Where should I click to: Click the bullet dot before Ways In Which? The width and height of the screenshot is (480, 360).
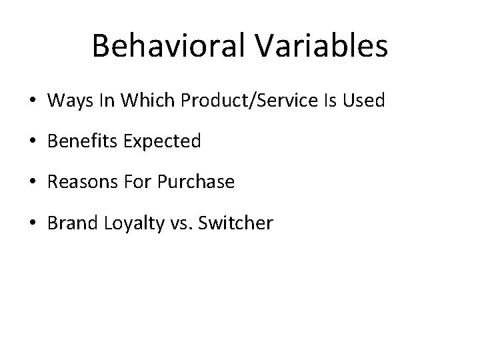[33, 102]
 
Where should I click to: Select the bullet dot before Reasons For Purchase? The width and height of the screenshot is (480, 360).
[33, 183]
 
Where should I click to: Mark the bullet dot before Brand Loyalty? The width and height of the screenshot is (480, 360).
[33, 223]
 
